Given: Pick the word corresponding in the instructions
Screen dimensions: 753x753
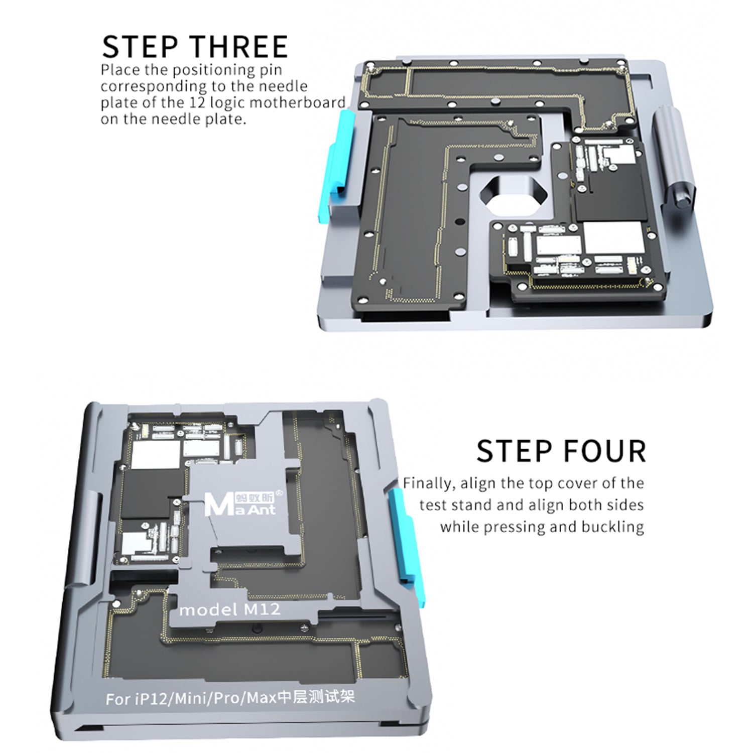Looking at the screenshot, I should tap(154, 86).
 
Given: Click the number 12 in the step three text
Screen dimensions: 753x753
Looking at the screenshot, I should tap(198, 102).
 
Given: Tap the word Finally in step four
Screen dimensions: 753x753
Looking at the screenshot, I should tap(429, 483).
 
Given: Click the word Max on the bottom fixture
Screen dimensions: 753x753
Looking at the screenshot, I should tap(262, 697).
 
